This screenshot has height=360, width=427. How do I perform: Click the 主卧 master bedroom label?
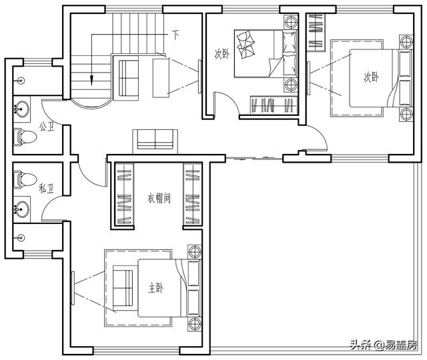155,288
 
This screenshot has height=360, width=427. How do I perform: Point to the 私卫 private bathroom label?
46,189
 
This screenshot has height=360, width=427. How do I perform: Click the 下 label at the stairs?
175,33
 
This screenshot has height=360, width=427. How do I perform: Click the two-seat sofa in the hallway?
155,139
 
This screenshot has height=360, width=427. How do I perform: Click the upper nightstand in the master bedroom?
194,253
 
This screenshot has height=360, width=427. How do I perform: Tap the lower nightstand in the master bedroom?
194,325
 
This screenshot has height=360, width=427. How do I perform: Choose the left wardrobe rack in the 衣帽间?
123,195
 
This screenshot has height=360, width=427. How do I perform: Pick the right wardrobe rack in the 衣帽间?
192,195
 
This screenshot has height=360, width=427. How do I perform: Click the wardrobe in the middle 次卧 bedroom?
273,105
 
